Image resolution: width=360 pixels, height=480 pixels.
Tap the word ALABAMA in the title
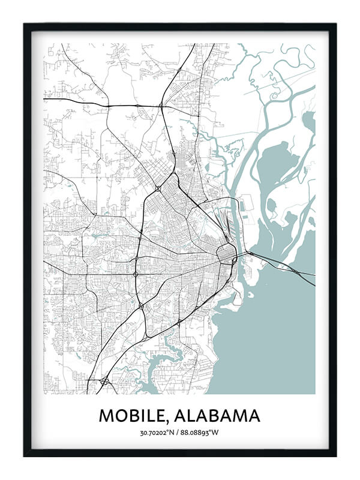[x=215, y=415]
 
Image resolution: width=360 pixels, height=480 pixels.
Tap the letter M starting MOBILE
[x=106, y=415]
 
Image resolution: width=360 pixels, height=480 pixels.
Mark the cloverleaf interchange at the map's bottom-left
[x=104, y=380]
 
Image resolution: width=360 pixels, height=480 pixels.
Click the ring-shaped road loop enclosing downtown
[x=226, y=254]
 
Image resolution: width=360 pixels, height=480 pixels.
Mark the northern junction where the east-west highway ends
[x=161, y=106]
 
